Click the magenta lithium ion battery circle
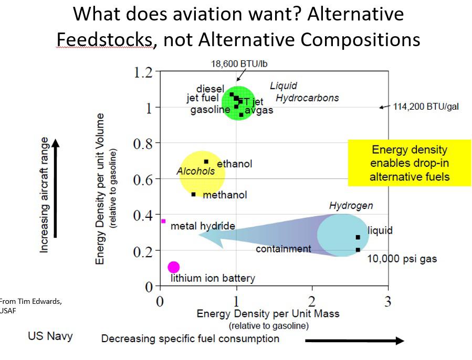pos(174,267)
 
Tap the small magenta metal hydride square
pos(163,221)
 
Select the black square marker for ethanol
pos(206,162)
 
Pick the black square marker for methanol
pos(194,194)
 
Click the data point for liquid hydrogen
pos(358,237)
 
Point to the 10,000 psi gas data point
pos(358,250)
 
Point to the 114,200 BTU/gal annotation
pos(426,107)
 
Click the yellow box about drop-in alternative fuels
pos(410,163)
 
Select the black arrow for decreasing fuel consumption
pos(354,341)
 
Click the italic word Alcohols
pos(195,171)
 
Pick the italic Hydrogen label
pos(351,206)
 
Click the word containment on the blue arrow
pos(283,249)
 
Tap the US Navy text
pos(50,336)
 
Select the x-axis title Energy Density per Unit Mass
pos(268,314)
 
